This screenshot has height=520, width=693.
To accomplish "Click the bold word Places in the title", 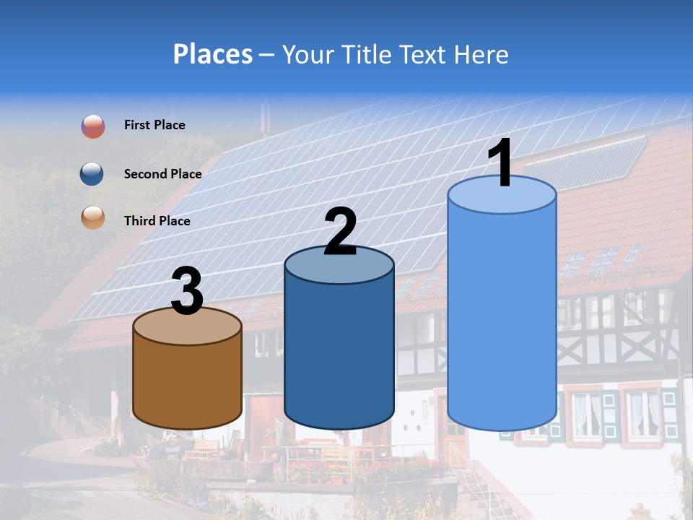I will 213,54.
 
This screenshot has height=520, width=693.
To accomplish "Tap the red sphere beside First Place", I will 92,126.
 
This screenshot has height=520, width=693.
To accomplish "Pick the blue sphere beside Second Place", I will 92,173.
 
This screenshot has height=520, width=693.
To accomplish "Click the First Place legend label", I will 154,125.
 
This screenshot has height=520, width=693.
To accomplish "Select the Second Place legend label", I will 162,173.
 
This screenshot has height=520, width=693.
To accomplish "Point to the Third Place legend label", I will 157,221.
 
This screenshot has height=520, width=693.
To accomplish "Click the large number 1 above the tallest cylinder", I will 500,163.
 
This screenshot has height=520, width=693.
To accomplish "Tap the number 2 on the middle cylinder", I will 340,232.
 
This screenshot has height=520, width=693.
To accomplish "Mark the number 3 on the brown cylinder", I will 188,291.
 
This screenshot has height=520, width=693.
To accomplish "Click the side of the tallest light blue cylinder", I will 502,318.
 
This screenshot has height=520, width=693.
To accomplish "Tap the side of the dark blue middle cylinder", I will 339,354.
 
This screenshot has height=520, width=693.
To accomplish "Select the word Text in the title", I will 424,54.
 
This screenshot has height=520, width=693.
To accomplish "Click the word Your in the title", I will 307,54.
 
